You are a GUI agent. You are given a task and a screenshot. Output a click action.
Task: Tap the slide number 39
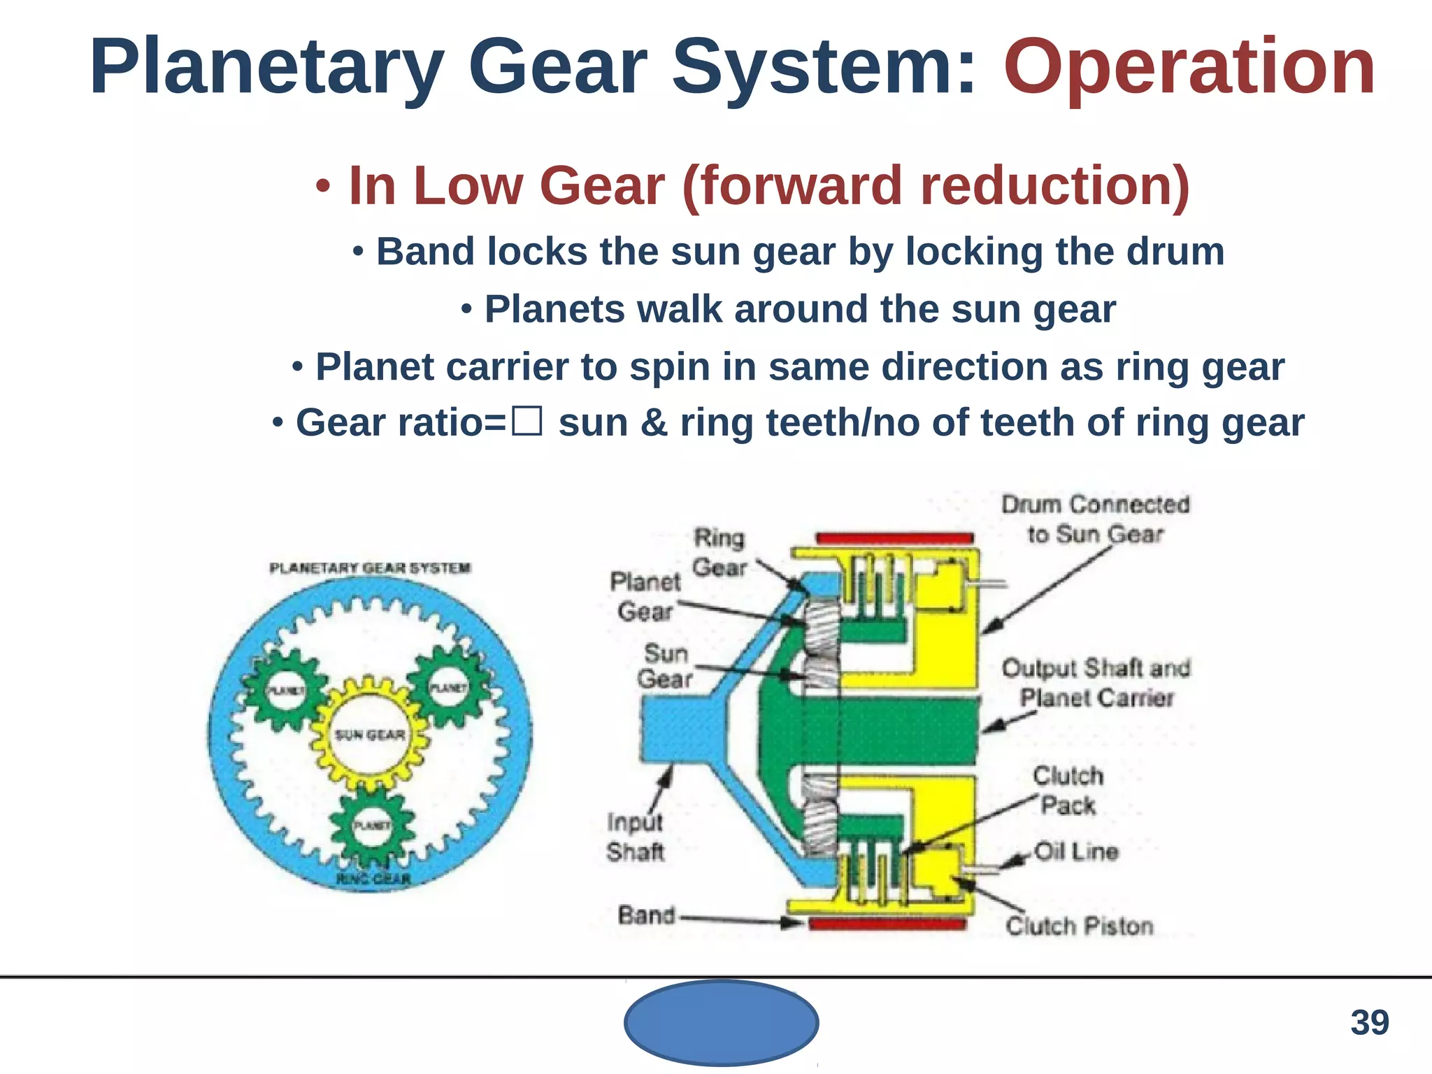[x=1369, y=1023]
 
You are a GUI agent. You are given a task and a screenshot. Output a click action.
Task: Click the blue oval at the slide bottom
[x=721, y=1023]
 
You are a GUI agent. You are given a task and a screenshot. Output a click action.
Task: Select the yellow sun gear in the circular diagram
[x=369, y=734]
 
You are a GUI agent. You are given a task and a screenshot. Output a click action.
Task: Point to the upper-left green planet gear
[x=286, y=689]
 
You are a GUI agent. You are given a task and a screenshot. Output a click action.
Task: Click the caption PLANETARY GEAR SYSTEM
[x=370, y=568]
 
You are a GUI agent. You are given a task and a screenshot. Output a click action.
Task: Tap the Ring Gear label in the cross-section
[x=719, y=552]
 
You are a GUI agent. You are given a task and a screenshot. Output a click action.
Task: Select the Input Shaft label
[x=635, y=837]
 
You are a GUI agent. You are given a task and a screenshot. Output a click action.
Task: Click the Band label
[x=647, y=915]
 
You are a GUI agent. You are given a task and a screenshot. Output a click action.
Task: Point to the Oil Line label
[x=1076, y=852]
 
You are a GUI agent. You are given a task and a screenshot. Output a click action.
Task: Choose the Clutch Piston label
[x=1079, y=926]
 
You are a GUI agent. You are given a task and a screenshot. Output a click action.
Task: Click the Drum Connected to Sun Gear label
[x=1095, y=519]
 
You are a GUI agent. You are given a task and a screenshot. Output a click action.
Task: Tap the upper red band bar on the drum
[x=894, y=538]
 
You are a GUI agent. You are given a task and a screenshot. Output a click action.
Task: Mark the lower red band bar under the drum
[x=887, y=925]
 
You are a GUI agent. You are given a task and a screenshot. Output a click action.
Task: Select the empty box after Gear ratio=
[x=527, y=422]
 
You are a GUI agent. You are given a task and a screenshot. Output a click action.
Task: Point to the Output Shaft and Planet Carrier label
[x=1096, y=682]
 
